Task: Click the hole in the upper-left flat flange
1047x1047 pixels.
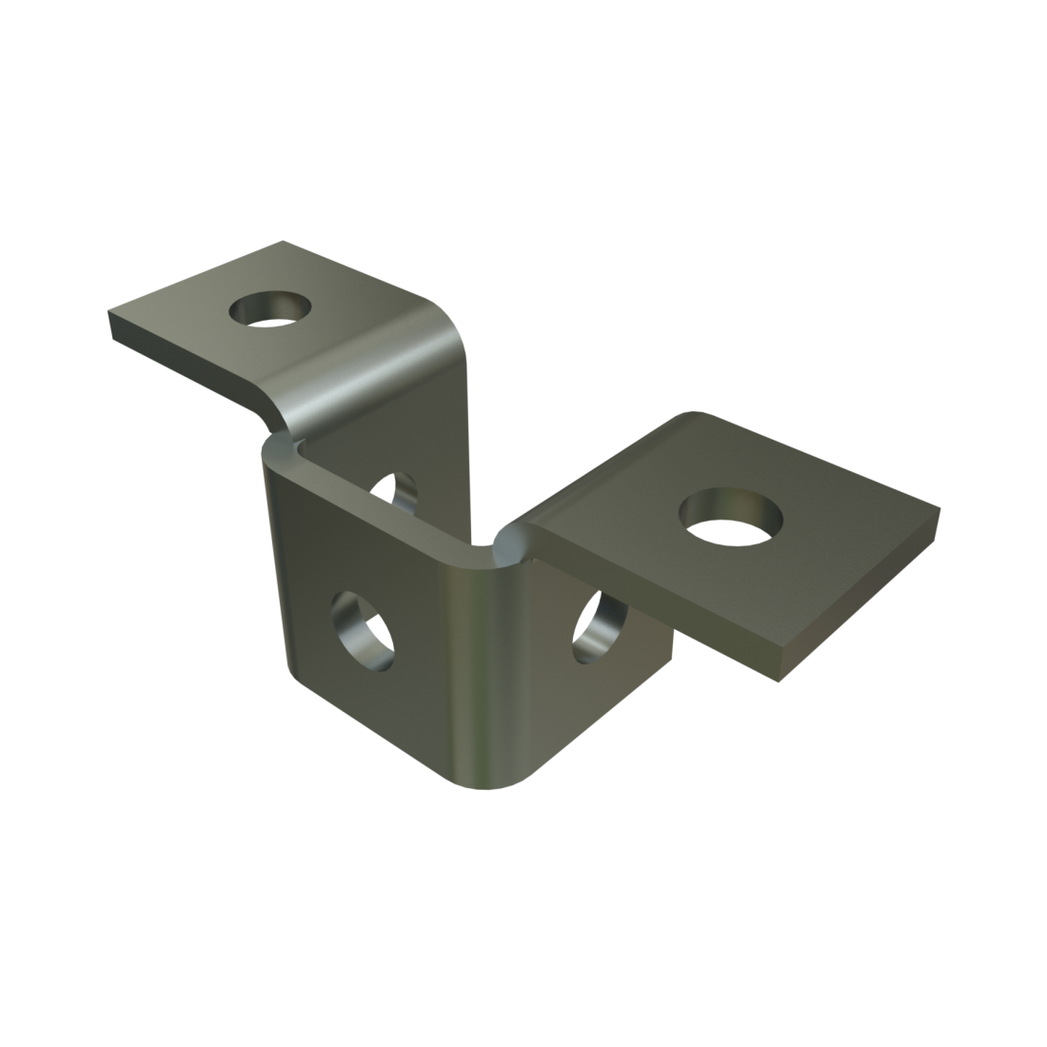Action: [x=271, y=309]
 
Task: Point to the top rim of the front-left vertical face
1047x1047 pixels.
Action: [x=381, y=504]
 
